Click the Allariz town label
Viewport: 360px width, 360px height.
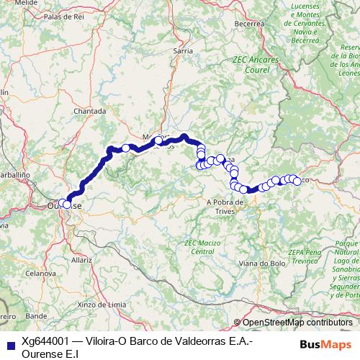pos(81,259)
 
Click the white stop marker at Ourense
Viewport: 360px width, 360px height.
pos(67,204)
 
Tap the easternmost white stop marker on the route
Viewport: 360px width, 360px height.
pos(297,181)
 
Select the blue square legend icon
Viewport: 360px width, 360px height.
pos(9,343)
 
